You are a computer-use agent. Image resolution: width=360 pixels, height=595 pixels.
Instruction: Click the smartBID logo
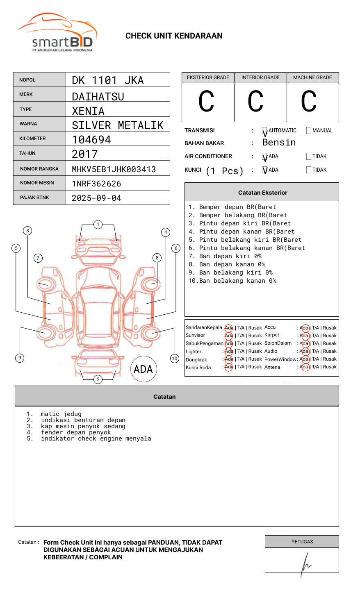click(58, 33)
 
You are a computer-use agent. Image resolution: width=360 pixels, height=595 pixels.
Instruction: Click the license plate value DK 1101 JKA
click(108, 80)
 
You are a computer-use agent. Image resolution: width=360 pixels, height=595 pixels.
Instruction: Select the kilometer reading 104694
click(91, 140)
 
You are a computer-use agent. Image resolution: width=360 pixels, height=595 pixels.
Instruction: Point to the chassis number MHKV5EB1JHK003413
click(114, 169)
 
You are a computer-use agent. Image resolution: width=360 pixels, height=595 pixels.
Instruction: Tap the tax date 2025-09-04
click(96, 198)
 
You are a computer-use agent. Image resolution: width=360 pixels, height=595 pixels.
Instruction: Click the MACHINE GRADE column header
click(312, 77)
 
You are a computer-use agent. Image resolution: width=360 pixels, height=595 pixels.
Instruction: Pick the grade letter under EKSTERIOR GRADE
click(206, 102)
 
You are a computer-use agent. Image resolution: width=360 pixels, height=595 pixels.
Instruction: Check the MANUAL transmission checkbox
click(309, 131)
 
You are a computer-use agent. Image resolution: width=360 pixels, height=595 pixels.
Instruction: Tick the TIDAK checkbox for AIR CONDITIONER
click(309, 157)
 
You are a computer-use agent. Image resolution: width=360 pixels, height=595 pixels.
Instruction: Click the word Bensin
click(279, 143)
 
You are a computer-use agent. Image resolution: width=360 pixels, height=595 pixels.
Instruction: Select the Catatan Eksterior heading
click(262, 193)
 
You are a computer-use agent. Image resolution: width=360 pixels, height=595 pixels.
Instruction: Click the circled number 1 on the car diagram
click(98, 225)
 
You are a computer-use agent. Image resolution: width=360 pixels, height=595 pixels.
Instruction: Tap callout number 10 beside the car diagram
click(175, 359)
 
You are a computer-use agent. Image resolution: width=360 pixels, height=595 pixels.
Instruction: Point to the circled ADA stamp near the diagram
click(143, 369)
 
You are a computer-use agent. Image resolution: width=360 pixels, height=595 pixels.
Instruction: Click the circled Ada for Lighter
click(229, 351)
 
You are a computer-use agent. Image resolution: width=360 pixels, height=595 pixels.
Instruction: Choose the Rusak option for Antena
click(330, 367)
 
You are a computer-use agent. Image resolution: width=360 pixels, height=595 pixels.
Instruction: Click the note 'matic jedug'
click(61, 414)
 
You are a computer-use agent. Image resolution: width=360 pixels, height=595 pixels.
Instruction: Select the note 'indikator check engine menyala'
click(96, 438)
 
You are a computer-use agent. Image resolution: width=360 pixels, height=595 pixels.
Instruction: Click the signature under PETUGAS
click(305, 563)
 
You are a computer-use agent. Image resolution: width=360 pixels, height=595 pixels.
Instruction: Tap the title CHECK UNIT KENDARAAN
click(174, 36)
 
